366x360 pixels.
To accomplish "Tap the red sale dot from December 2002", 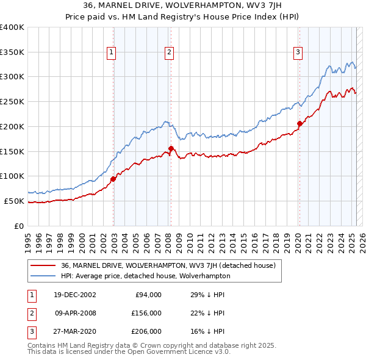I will click(113, 179).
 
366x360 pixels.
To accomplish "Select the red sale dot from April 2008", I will click(171, 148).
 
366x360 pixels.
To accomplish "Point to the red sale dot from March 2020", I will click(300, 124).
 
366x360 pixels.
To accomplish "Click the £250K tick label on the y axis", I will click(12, 101).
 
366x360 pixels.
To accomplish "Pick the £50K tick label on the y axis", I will click(15, 201).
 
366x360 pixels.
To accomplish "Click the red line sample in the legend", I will click(43, 265).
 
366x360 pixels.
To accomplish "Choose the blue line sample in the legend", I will click(43, 276).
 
